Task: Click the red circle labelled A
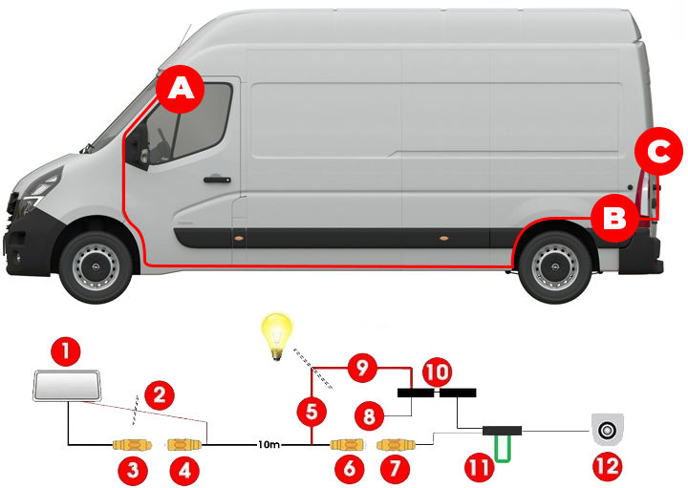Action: pos(181,89)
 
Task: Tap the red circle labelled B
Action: pos(614,218)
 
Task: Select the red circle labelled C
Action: pos(659,151)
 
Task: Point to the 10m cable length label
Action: pos(269,445)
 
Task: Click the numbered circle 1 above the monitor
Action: pos(66,350)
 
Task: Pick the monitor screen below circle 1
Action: pos(67,386)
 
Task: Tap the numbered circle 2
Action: pos(160,395)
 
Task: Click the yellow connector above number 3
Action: pos(132,445)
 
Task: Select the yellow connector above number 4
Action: pos(184,445)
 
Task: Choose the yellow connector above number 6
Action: pos(347,445)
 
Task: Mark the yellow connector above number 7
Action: pos(397,445)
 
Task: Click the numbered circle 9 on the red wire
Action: pos(362,368)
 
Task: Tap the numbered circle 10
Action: pos(437,372)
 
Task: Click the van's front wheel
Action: pos(96,266)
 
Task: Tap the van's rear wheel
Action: pos(554,266)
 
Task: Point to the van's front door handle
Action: pos(217,180)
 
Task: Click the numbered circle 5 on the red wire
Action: pos(312,413)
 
